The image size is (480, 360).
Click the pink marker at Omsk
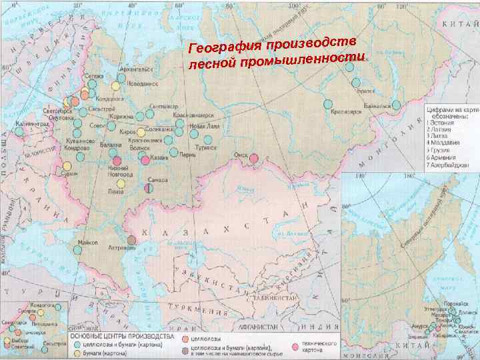[254, 158]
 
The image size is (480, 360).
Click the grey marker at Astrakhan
[131, 240]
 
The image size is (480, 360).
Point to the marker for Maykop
[77, 249]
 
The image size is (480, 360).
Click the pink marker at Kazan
[145, 160]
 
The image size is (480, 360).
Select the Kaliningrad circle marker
[19, 131]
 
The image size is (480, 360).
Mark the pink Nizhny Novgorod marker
[117, 161]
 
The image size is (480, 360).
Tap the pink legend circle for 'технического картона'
[295, 346]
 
